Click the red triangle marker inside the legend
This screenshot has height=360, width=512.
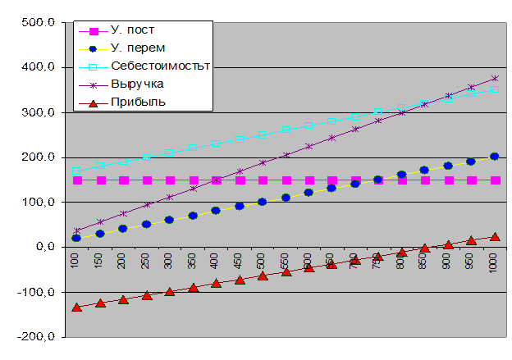(93, 103)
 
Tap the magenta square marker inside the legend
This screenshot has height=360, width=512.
(93, 32)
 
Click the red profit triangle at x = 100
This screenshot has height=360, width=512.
(76, 307)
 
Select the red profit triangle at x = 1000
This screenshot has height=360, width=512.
(495, 236)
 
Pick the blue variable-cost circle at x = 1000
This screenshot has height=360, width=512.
(495, 156)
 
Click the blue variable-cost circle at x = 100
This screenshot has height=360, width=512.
(76, 238)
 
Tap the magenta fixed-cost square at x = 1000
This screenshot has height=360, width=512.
(495, 180)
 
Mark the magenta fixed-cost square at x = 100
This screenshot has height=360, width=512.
(76, 180)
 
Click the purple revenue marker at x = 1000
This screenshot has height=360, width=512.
(495, 79)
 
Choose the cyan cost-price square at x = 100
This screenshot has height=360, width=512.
(76, 171)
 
